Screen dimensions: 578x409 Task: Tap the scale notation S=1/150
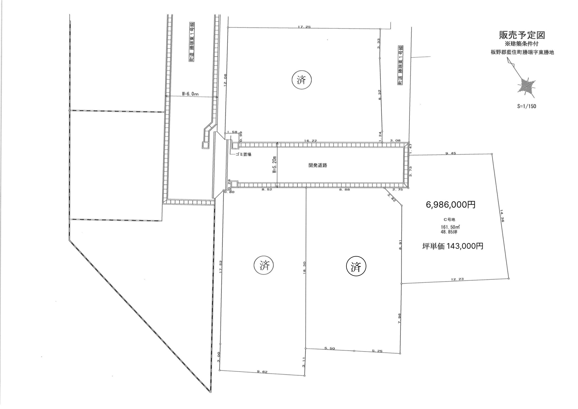526,106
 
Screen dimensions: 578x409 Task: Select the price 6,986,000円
451,205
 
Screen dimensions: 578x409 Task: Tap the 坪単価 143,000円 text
453,246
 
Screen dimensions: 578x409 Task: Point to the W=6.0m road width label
190,94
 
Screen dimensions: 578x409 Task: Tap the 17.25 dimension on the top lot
304,27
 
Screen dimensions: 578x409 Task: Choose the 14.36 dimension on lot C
502,216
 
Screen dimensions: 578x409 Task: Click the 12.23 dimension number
458,279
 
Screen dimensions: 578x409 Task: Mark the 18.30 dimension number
304,267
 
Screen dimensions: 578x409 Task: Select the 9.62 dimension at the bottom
262,372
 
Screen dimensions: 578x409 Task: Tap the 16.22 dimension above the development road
310,141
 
